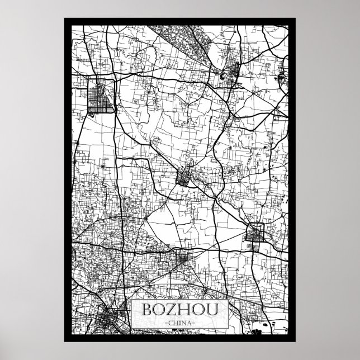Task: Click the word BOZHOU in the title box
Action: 180,310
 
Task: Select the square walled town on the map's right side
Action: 256,233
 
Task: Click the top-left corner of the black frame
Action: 65,18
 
